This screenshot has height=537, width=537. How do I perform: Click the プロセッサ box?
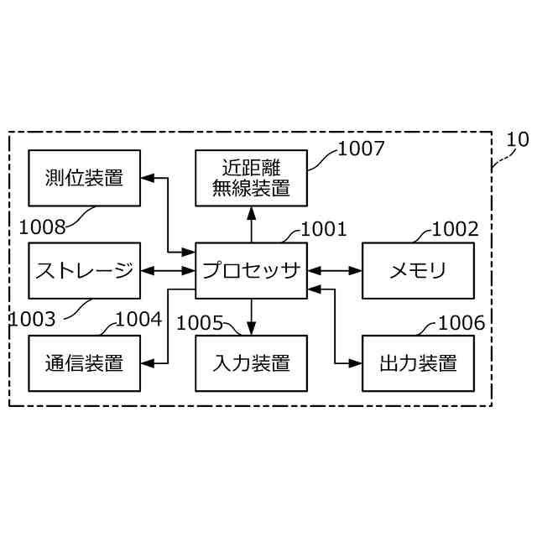click(251, 270)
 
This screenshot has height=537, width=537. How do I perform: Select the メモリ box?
click(418, 270)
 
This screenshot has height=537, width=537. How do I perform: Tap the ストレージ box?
click(84, 270)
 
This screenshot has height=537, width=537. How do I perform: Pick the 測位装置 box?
click(84, 178)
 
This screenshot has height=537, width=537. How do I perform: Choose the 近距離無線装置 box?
click(251, 178)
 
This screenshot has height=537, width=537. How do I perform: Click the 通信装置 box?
click(84, 362)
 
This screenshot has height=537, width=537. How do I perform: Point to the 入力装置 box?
click(251, 362)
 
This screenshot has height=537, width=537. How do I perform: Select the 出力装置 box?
click(418, 362)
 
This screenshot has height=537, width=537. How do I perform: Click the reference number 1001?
click(323, 228)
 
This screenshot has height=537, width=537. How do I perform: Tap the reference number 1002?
click(455, 228)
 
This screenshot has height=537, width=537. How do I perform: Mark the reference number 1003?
click(33, 319)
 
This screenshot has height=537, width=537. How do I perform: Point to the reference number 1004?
click(138, 319)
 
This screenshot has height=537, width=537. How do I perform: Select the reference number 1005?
click(201, 322)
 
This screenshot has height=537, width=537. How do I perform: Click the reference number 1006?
click(461, 322)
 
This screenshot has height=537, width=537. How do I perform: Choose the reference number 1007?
click(361, 149)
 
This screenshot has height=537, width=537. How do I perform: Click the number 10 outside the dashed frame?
click(518, 139)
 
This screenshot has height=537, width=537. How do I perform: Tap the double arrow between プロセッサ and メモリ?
click(334, 270)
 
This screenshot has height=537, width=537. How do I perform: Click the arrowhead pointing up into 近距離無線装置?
click(251, 213)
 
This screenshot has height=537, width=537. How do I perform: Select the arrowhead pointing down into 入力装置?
click(251, 328)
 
